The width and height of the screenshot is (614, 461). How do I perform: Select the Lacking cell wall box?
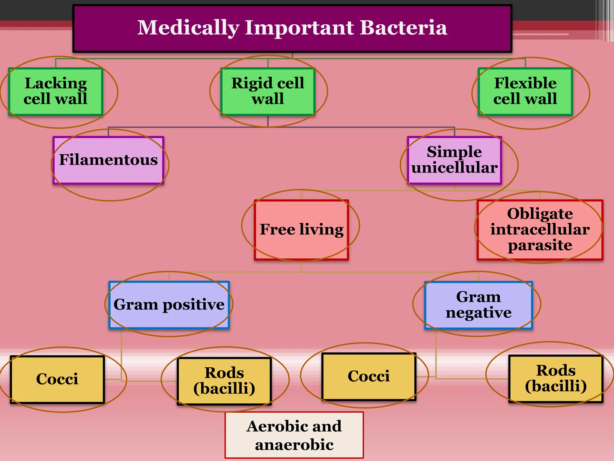click(x=56, y=91)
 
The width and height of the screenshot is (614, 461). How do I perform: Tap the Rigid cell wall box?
click(x=268, y=91)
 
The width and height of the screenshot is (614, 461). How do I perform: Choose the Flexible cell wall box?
click(x=525, y=91)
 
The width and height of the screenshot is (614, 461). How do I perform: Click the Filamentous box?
click(x=108, y=160)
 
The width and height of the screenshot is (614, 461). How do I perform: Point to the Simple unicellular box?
click(x=454, y=160)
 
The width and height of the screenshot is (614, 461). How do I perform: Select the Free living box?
click(x=301, y=230)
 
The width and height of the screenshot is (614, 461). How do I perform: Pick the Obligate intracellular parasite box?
click(x=540, y=230)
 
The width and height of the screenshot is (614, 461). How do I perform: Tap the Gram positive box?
click(x=169, y=305)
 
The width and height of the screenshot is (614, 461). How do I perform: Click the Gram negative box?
click(x=478, y=305)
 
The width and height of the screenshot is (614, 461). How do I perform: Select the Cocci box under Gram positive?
click(x=57, y=379)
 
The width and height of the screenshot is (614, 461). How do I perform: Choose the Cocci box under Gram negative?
click(x=369, y=376)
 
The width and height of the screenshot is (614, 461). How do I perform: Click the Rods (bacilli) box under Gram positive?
click(x=224, y=381)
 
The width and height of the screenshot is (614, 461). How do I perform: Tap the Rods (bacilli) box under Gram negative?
click(x=556, y=378)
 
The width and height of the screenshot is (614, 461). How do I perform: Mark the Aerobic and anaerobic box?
click(x=294, y=435)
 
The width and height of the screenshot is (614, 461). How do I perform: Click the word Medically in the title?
click(x=188, y=28)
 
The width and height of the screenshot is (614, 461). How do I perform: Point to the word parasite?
click(x=540, y=245)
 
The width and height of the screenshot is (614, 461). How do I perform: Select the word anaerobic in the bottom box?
click(x=294, y=445)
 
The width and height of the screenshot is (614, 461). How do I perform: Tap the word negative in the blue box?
click(x=478, y=313)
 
